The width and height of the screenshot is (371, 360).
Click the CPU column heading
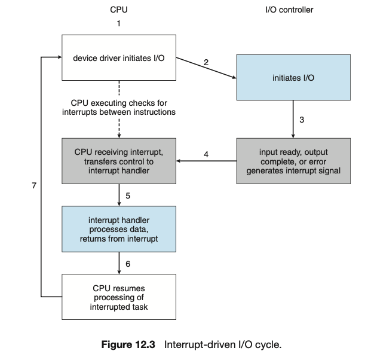pos(119,10)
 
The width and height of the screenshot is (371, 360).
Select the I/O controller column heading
pos(289,10)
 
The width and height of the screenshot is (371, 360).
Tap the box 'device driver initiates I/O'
pos(119,58)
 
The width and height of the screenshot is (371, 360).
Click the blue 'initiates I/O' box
pos(293,78)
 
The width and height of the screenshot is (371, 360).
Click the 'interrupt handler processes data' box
pos(119,229)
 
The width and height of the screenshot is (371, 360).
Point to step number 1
pos(119,24)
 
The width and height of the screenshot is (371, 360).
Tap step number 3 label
pos(302,120)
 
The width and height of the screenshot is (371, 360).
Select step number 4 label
pos(206,154)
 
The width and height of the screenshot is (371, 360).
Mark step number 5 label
pos(128,196)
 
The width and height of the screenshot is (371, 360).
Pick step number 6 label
pos(128,263)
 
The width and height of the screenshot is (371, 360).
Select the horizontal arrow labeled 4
pos(206,161)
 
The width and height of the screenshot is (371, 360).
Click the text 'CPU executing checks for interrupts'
pos(119,107)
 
